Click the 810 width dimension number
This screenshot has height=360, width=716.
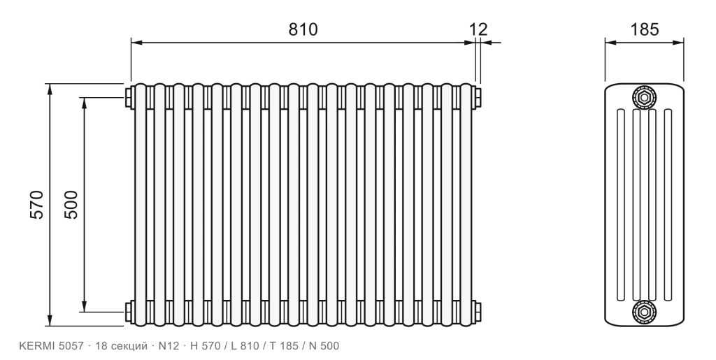(x=302, y=29)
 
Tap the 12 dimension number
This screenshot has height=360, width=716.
(x=478, y=29)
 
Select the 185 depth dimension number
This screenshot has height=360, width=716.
(x=645, y=29)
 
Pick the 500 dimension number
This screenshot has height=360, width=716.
(x=71, y=205)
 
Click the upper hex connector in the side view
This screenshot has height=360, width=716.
(x=644, y=97)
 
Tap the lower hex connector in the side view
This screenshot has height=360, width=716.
(x=644, y=312)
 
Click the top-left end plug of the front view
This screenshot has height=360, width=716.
(x=129, y=97)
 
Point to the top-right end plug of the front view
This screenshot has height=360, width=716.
(x=478, y=97)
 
